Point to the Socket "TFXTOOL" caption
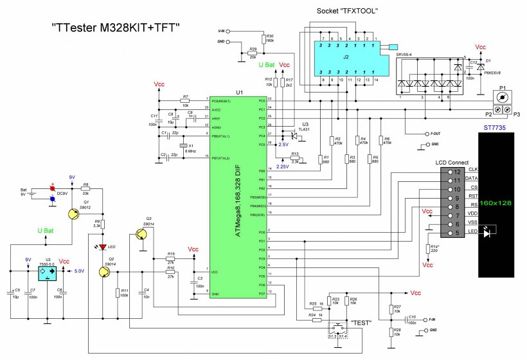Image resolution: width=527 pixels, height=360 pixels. click(x=347, y=12)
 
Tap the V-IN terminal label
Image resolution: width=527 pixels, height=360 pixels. click(x=220, y=30)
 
